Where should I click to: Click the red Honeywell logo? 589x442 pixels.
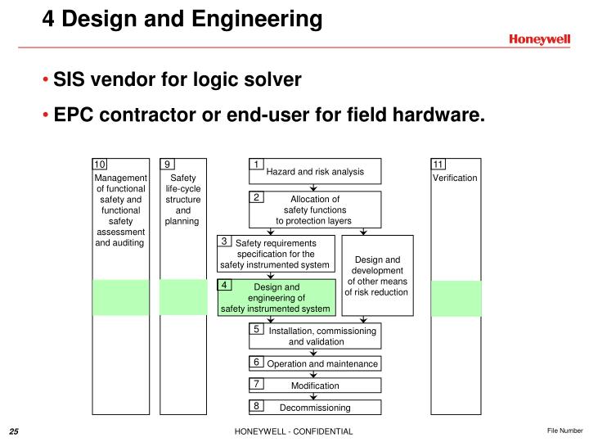click(539, 39)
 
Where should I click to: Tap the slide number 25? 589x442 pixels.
click(14, 431)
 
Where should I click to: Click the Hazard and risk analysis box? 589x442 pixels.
click(315, 171)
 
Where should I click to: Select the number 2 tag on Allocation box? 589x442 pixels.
click(256, 197)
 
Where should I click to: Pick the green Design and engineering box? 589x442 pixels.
click(277, 297)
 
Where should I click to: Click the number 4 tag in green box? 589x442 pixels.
click(224, 285)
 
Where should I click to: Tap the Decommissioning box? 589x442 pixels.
click(315, 407)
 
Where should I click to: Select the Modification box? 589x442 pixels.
click(315, 386)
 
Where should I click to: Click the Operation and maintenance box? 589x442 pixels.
click(315, 363)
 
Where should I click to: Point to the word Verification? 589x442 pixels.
click(455, 178)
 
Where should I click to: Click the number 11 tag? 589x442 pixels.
click(438, 165)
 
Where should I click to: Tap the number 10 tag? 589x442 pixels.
click(100, 165)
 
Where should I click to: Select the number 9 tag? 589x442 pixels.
click(167, 165)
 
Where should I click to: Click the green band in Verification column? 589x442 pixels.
click(456, 299)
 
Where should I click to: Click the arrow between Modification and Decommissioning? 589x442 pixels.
click(313, 396)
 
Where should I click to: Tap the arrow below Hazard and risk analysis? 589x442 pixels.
click(313, 187)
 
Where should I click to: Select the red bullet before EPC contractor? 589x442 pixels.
click(46, 115)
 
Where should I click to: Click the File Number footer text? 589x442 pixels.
click(564, 431)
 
